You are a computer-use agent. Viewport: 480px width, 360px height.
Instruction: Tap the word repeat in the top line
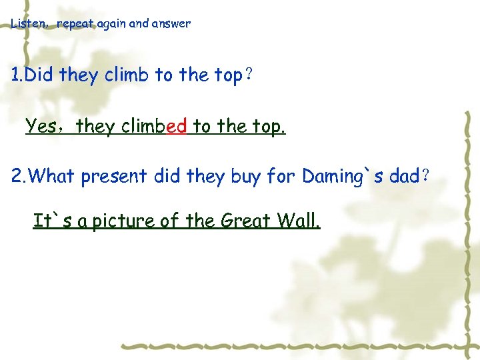coord(76,24)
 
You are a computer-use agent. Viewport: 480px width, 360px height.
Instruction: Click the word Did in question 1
coord(39,75)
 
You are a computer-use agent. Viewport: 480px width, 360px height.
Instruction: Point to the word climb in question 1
coord(127,75)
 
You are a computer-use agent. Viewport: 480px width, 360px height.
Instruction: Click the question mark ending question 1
coord(248,75)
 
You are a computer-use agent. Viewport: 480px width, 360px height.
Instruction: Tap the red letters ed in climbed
coord(177,125)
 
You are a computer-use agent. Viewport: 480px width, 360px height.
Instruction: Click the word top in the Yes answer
coord(268,125)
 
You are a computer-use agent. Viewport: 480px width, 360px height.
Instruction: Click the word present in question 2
coord(117,177)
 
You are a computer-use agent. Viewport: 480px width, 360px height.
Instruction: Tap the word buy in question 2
coord(245,177)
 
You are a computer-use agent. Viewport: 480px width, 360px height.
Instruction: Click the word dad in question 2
coord(405,176)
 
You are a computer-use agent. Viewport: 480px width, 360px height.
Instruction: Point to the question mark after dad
coord(426,177)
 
